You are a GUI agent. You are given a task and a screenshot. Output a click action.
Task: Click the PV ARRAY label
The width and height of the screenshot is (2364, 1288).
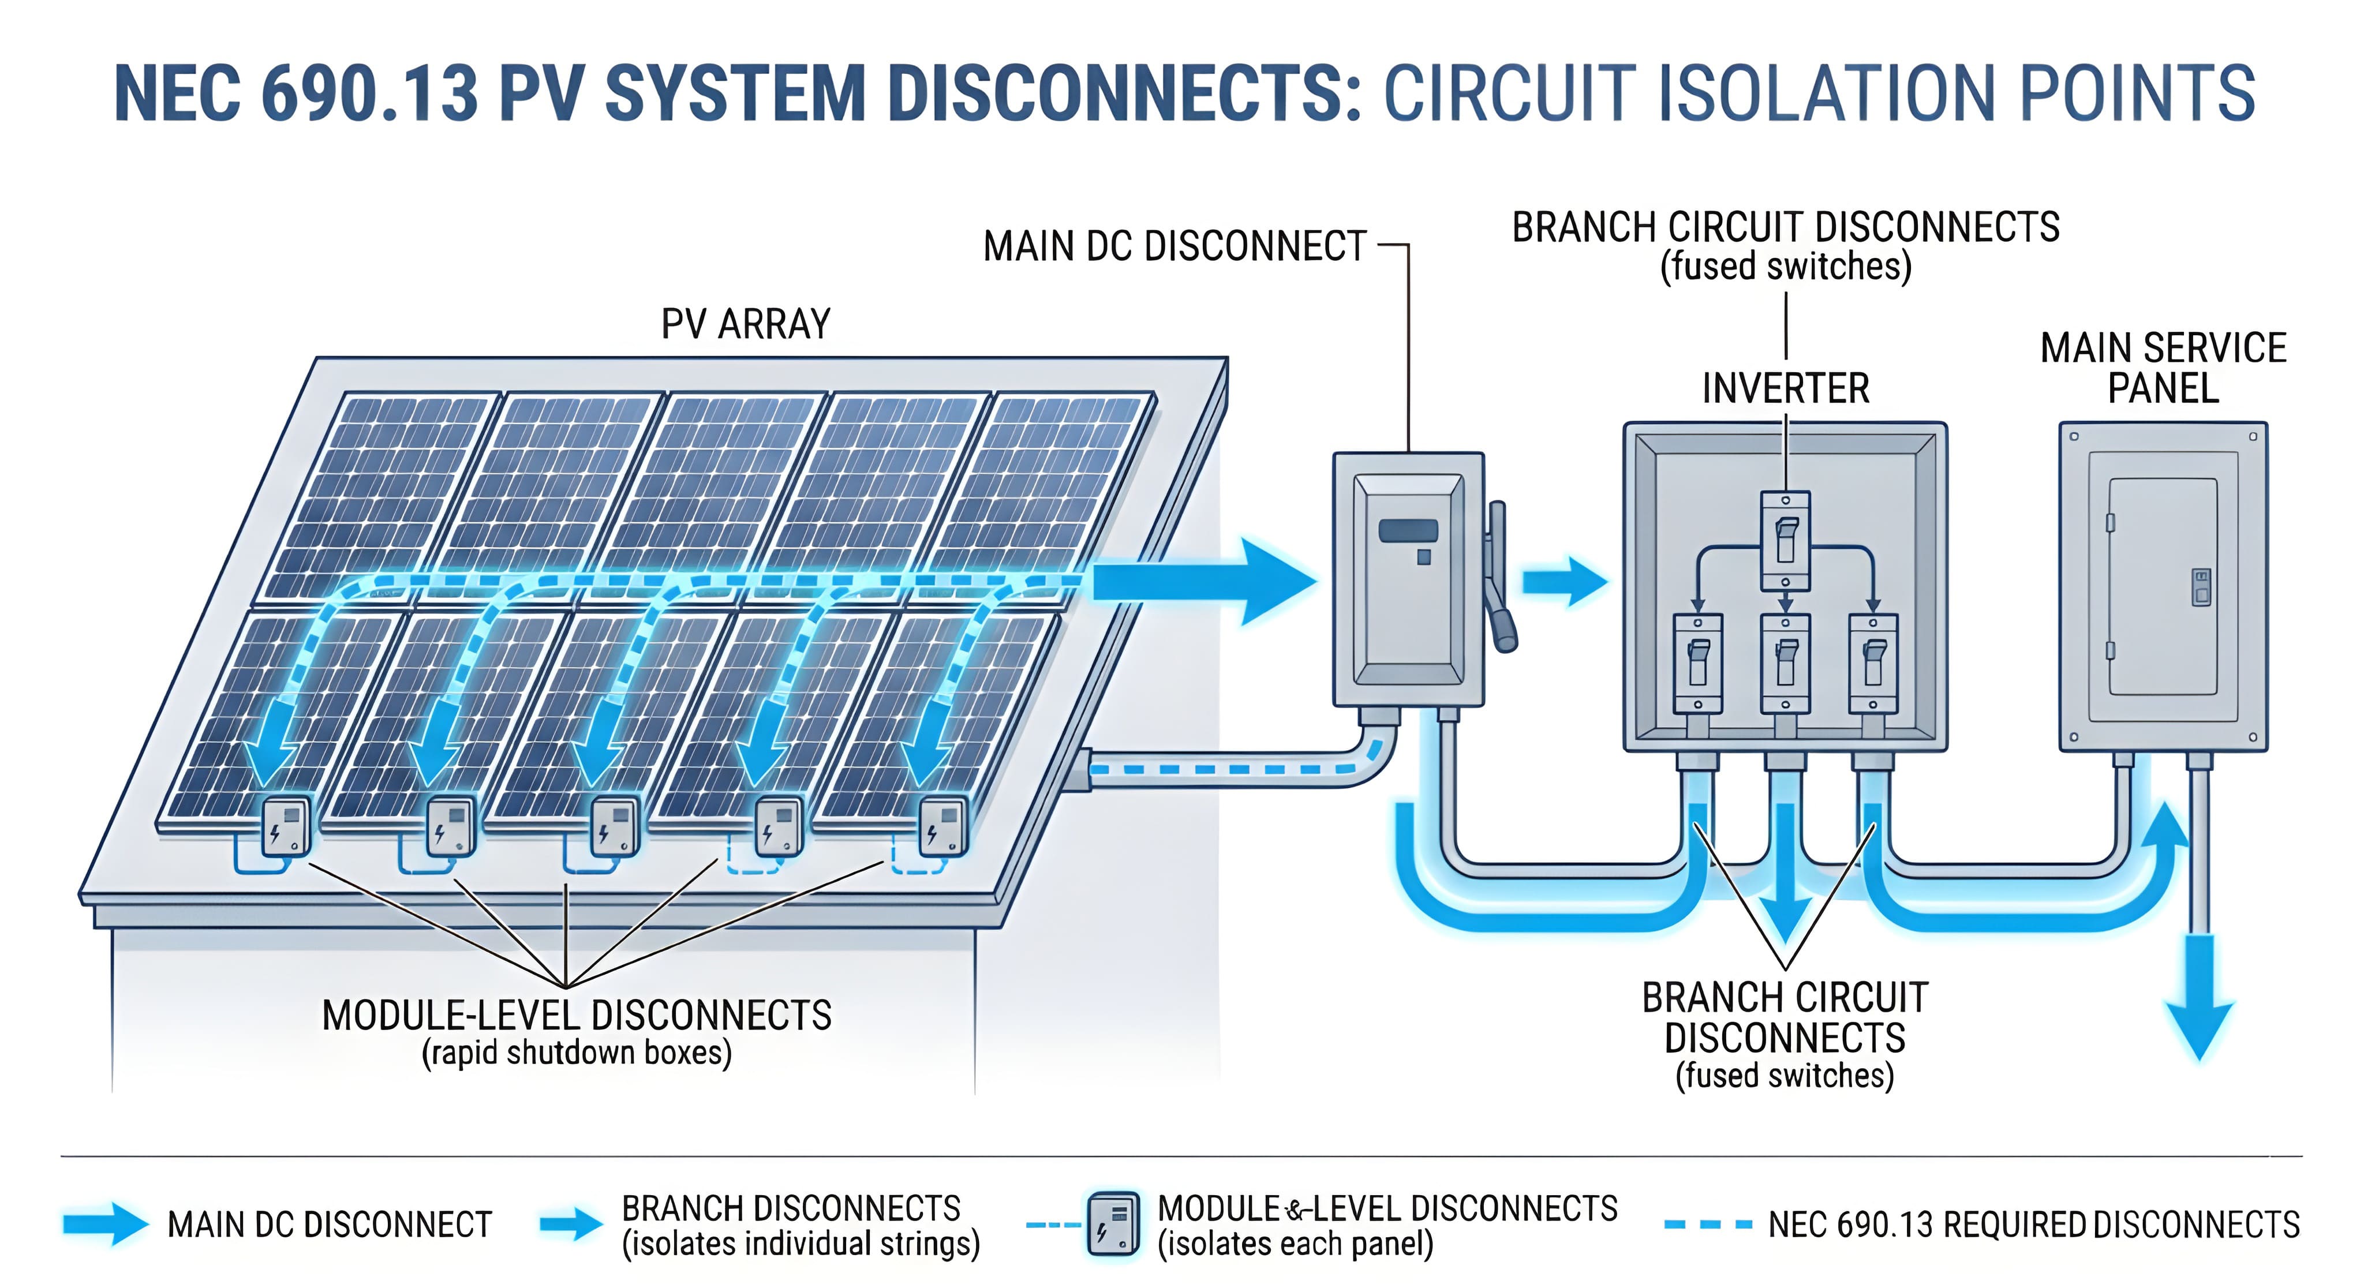pyautogui.click(x=745, y=324)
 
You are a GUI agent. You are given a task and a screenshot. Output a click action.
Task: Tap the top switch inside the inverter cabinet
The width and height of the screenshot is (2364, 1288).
pyautogui.click(x=1785, y=540)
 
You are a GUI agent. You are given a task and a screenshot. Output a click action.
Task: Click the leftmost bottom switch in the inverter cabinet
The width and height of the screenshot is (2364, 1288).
pyautogui.click(x=1698, y=662)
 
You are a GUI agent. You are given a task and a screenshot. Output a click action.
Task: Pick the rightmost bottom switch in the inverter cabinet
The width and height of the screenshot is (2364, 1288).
pyautogui.click(x=1873, y=662)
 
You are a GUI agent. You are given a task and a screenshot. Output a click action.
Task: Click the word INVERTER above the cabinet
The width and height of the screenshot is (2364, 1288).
pyautogui.click(x=1785, y=388)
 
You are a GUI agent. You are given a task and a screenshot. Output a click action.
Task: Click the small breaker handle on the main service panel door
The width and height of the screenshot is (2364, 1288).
pyautogui.click(x=2201, y=587)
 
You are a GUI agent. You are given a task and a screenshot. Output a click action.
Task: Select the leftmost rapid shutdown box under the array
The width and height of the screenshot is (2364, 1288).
pyautogui.click(x=286, y=826)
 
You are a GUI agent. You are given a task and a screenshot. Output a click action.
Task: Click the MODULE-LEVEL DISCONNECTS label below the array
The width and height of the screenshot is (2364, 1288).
pyautogui.click(x=577, y=1016)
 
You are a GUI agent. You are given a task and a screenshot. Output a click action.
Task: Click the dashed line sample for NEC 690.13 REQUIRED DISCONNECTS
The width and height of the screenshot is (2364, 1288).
pyautogui.click(x=1708, y=1225)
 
